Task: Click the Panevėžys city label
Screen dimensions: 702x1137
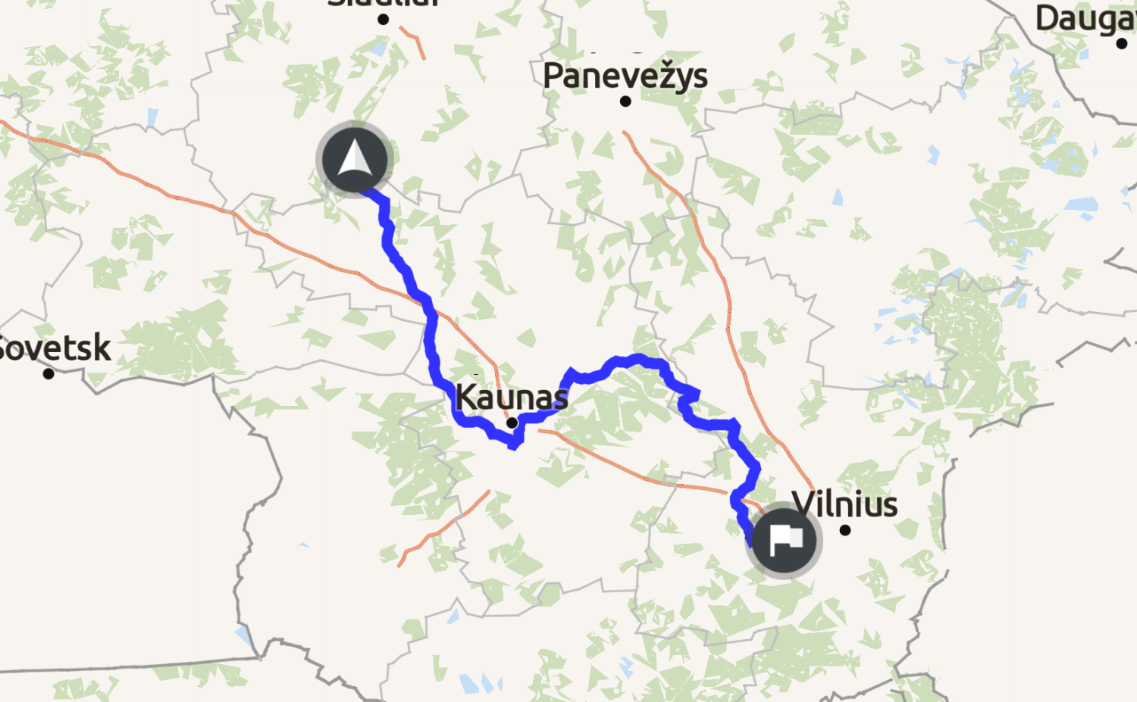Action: [x=625, y=76]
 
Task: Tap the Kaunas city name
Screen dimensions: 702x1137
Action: [x=511, y=397]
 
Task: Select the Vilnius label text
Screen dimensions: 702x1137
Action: [x=844, y=504]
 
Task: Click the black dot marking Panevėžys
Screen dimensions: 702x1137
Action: [x=625, y=101]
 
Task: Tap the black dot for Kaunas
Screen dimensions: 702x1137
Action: [x=512, y=423]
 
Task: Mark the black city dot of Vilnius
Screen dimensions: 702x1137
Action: [x=845, y=530]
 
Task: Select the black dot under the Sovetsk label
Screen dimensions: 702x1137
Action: [x=49, y=373]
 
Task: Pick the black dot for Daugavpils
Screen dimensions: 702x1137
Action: [x=1122, y=43]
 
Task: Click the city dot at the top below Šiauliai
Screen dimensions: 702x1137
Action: [x=384, y=20]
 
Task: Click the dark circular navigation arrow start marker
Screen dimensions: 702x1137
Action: [x=355, y=160]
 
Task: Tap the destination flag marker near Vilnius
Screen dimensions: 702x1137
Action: [x=784, y=541]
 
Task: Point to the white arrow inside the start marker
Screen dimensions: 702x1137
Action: [x=355, y=158]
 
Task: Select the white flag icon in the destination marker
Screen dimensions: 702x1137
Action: [x=785, y=539]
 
